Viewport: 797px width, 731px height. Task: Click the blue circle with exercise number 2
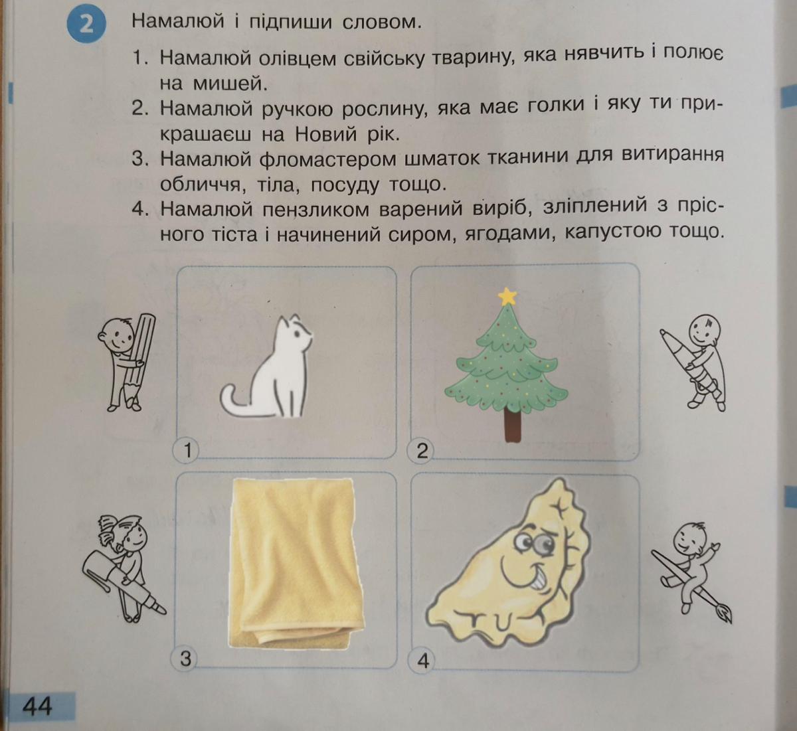point(86,25)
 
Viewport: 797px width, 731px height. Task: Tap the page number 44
point(37,706)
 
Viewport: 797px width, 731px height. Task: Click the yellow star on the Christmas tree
point(507,296)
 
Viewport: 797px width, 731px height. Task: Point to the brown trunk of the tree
point(513,425)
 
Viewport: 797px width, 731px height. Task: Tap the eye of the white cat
point(298,335)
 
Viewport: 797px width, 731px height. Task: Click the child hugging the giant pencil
point(126,363)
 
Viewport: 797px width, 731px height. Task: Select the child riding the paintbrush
point(692,572)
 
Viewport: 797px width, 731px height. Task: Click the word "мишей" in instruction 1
point(230,84)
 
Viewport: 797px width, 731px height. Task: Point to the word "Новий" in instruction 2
point(326,135)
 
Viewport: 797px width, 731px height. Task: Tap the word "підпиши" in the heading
point(290,23)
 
